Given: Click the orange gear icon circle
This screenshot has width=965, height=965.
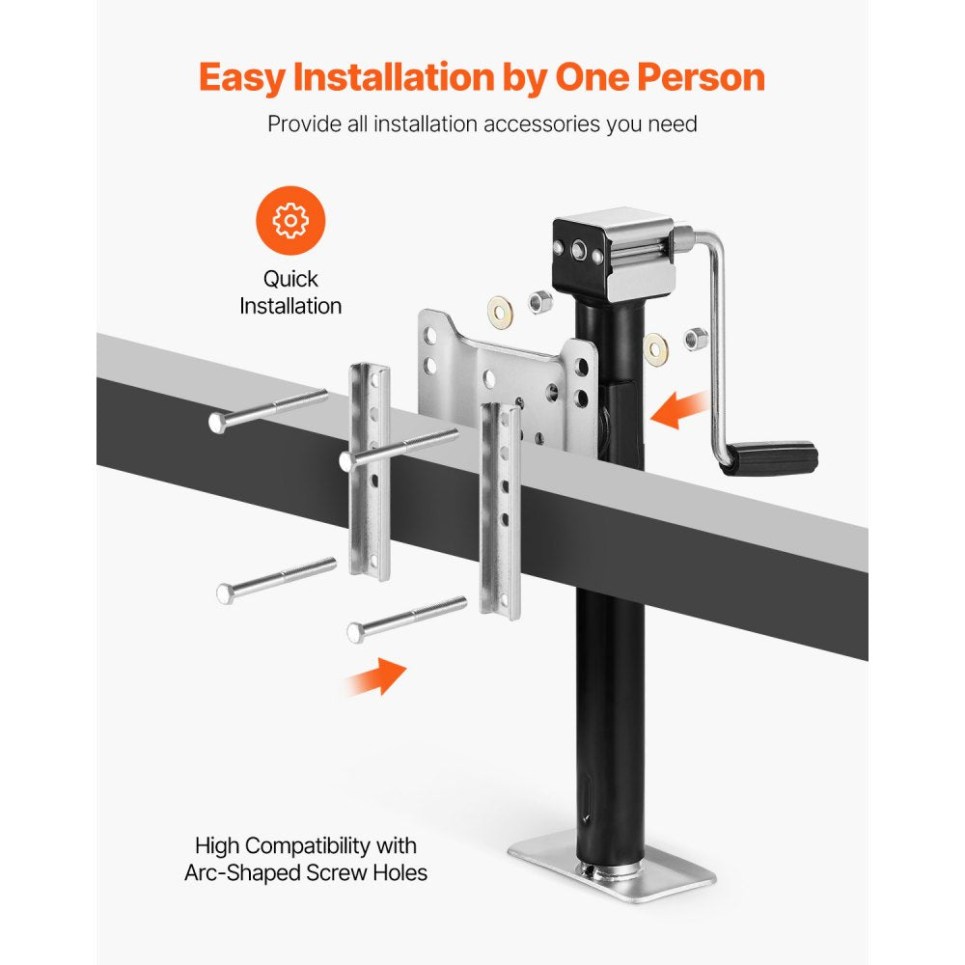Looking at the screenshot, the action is coord(290,220).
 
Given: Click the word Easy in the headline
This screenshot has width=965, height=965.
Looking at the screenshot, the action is coord(242,79).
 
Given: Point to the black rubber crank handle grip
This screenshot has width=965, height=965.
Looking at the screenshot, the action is coord(770,457).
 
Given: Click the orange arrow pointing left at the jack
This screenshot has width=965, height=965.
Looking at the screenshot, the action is coord(677,408).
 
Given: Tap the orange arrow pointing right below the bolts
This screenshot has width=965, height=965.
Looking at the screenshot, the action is coord(376,677).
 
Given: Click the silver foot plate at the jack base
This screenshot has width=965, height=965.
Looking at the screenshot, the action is coord(612,866).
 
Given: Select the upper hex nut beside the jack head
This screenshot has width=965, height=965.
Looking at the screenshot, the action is coord(539,301).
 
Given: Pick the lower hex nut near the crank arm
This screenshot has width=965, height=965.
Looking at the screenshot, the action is coord(696,339).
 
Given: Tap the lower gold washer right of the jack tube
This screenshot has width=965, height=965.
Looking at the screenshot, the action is coord(655,349).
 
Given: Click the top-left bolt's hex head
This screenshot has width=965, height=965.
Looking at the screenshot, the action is coord(217,423).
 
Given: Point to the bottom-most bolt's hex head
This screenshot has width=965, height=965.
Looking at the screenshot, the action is coord(355,632).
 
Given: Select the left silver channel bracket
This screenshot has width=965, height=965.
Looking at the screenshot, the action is coord(370,472).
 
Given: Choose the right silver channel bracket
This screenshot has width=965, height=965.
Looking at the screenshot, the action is coord(500,510).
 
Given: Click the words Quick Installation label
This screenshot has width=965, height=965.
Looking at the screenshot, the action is coord(290,292).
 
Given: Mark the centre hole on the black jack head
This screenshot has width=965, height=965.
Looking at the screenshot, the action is coord(579,250).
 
